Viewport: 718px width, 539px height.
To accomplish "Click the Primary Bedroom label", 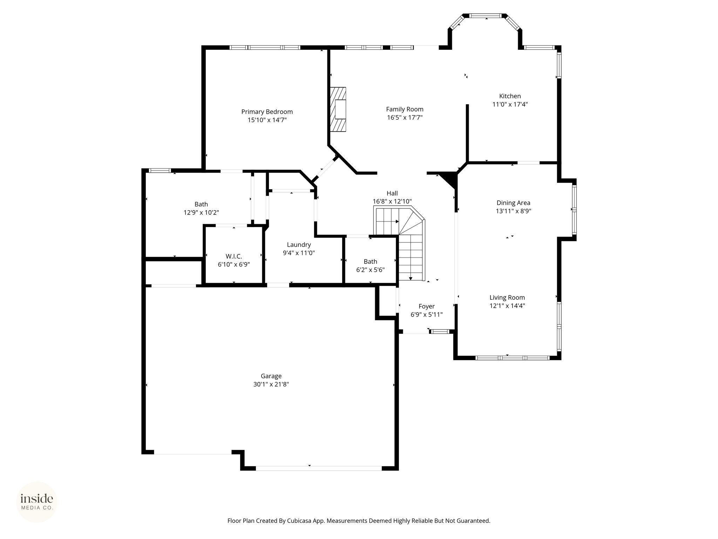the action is [267, 112].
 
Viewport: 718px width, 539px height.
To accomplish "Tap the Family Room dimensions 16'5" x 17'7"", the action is [405, 118].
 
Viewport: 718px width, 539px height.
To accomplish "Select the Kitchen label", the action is [510, 96].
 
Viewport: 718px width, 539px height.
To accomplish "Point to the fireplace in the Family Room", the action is [338, 109].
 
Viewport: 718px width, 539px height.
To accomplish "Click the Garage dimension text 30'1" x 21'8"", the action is [271, 384].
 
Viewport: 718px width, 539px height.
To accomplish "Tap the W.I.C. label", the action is [233, 257].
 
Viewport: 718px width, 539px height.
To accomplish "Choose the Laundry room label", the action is [299, 245].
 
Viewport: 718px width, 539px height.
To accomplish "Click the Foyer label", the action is [426, 307].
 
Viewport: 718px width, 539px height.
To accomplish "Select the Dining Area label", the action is [513, 203].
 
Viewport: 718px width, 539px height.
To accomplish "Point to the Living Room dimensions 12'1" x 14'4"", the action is [507, 306].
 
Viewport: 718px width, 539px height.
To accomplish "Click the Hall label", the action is [392, 193].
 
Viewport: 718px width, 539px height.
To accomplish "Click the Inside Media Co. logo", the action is [37, 502].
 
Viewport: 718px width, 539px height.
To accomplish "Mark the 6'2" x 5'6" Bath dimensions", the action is [370, 270].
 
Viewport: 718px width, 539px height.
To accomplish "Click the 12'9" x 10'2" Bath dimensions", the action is [201, 213].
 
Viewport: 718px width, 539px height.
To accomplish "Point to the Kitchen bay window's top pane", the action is [486, 16].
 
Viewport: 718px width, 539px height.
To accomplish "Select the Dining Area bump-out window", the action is [574, 209].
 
